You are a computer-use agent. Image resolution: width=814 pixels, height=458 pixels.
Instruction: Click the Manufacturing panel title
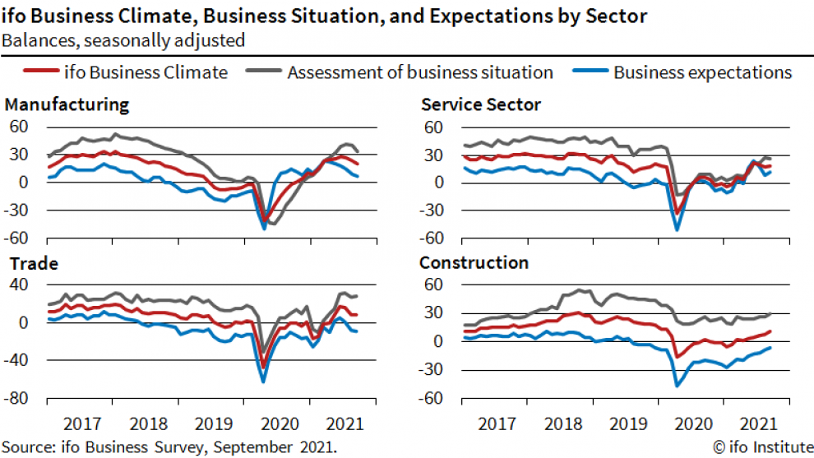pyautogui.click(x=67, y=104)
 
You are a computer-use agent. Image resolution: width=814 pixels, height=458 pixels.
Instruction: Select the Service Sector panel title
pyautogui.click(x=481, y=104)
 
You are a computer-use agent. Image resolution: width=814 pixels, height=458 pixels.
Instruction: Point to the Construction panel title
pyautogui.click(x=474, y=263)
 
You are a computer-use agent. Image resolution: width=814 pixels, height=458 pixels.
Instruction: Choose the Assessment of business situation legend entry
pyautogui.click(x=420, y=72)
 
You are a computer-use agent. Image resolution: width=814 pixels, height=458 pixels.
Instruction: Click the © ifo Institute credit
pyautogui.click(x=761, y=446)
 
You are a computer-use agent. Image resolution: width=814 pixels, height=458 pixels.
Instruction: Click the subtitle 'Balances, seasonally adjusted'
pyautogui.click(x=123, y=39)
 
